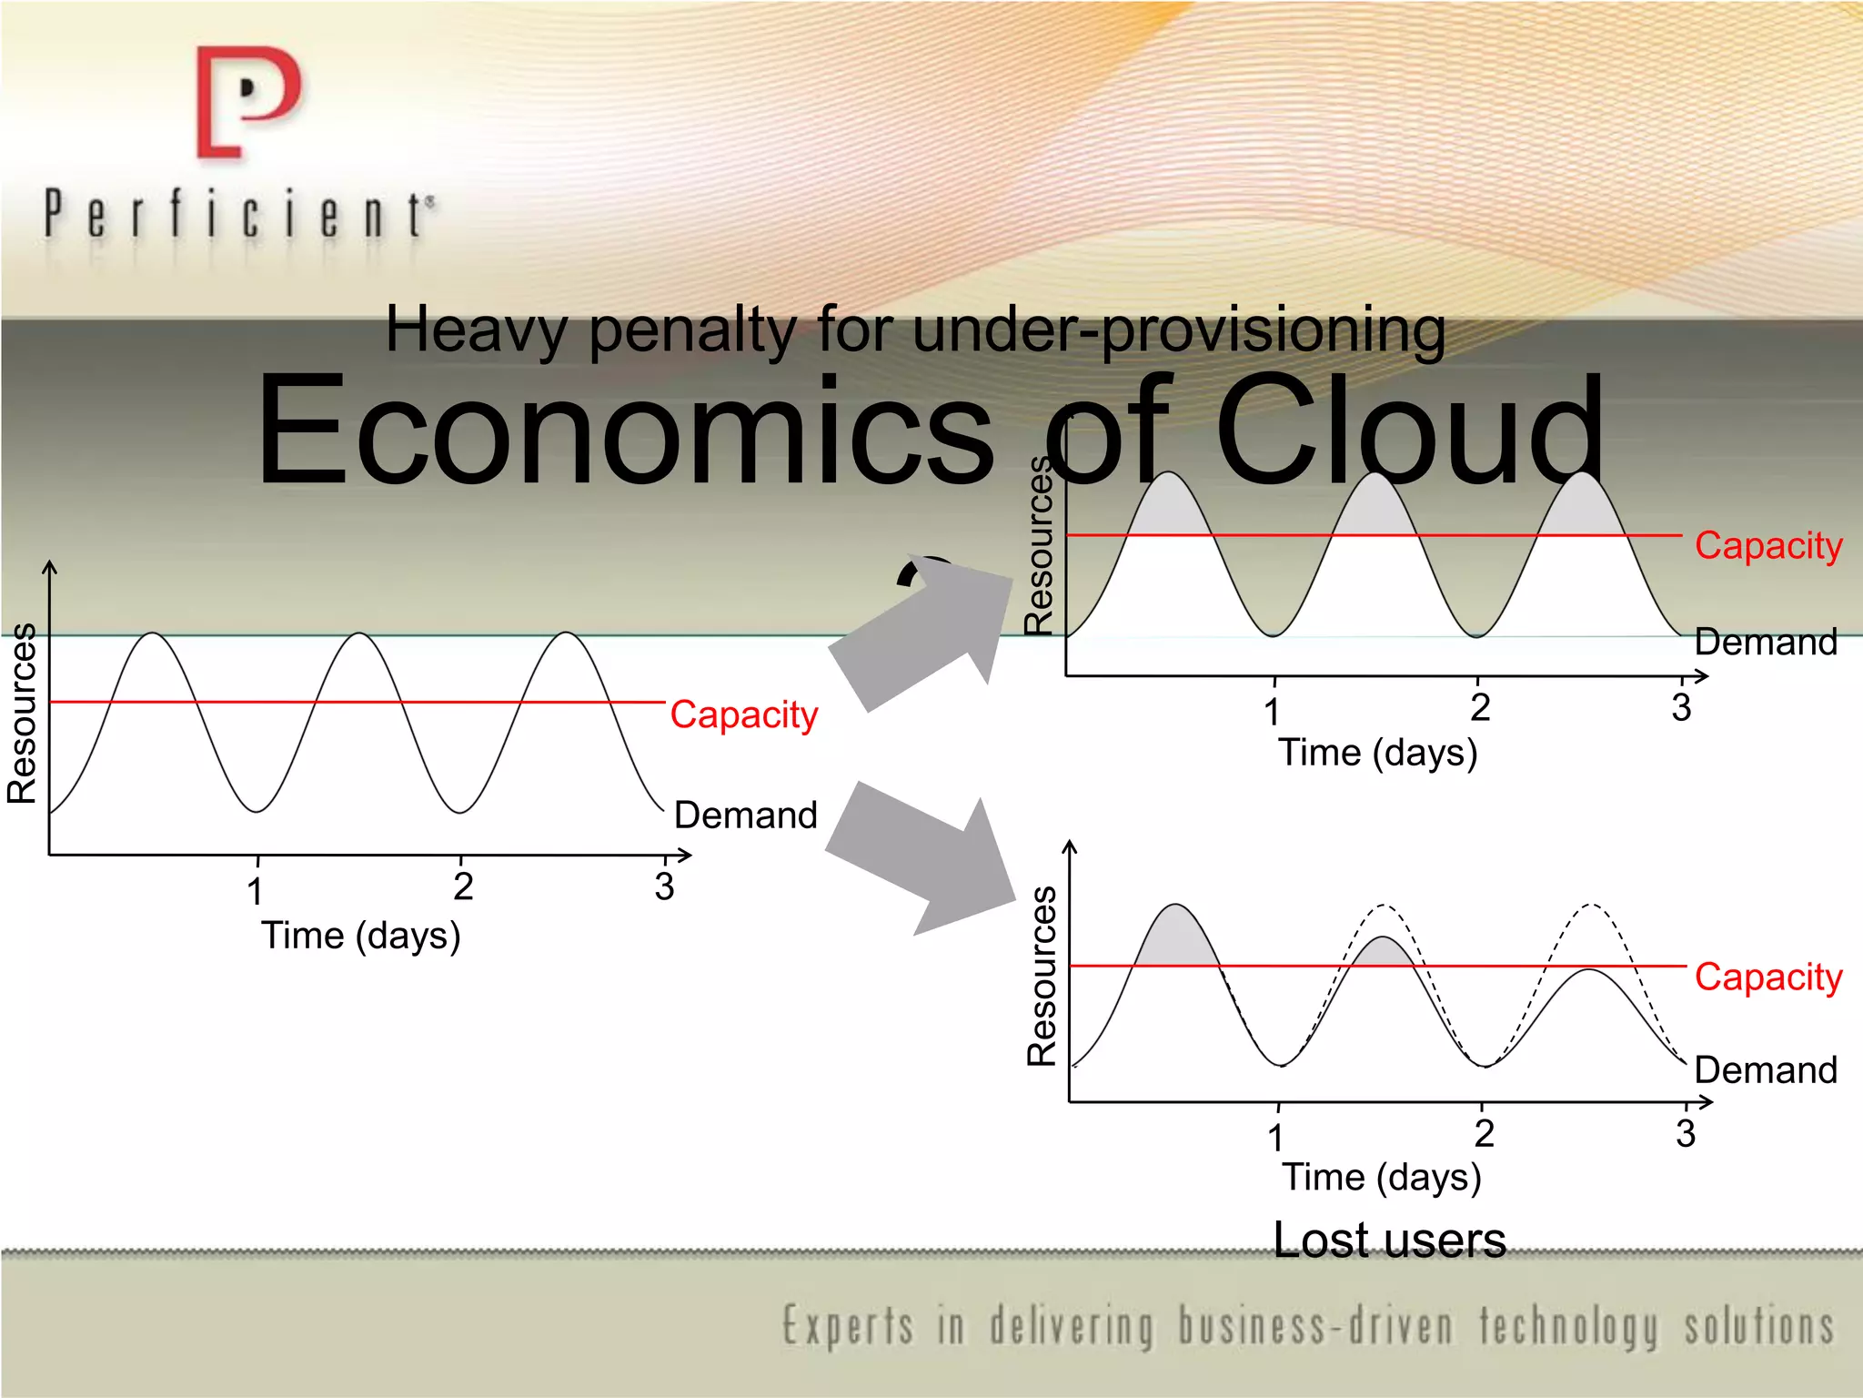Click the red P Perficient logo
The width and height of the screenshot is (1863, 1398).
click(247, 102)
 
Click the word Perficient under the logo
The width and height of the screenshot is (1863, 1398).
click(238, 216)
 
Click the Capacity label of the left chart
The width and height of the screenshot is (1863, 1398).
click(743, 715)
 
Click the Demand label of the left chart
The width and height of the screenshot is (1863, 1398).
click(745, 815)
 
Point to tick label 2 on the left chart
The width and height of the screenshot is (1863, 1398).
click(463, 886)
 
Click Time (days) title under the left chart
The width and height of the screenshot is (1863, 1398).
click(361, 936)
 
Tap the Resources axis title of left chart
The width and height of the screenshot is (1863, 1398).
click(22, 714)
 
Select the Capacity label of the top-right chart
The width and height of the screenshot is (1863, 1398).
click(1767, 546)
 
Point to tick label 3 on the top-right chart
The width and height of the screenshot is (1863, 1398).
click(1681, 708)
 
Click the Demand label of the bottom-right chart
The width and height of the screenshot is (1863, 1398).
click(1766, 1069)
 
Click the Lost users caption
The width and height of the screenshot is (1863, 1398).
click(1389, 1240)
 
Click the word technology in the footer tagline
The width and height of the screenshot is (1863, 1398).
click(1568, 1326)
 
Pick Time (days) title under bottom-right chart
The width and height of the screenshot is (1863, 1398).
click(1382, 1178)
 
